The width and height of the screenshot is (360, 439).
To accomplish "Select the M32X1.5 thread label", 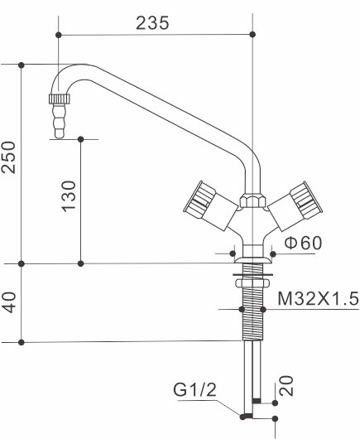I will point(318,297).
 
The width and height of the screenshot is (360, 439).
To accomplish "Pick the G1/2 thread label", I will point(194,389).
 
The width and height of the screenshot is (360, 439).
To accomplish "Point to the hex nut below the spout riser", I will point(251,200).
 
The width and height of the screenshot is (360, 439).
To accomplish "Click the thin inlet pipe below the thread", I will point(251,377).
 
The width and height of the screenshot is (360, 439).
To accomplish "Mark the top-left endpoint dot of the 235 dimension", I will point(60,34).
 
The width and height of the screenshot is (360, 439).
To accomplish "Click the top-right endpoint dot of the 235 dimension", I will point(251,34).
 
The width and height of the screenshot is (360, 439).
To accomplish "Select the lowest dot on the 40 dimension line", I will point(22,342).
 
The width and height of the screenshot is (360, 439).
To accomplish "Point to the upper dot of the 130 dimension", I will point(80,138).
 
